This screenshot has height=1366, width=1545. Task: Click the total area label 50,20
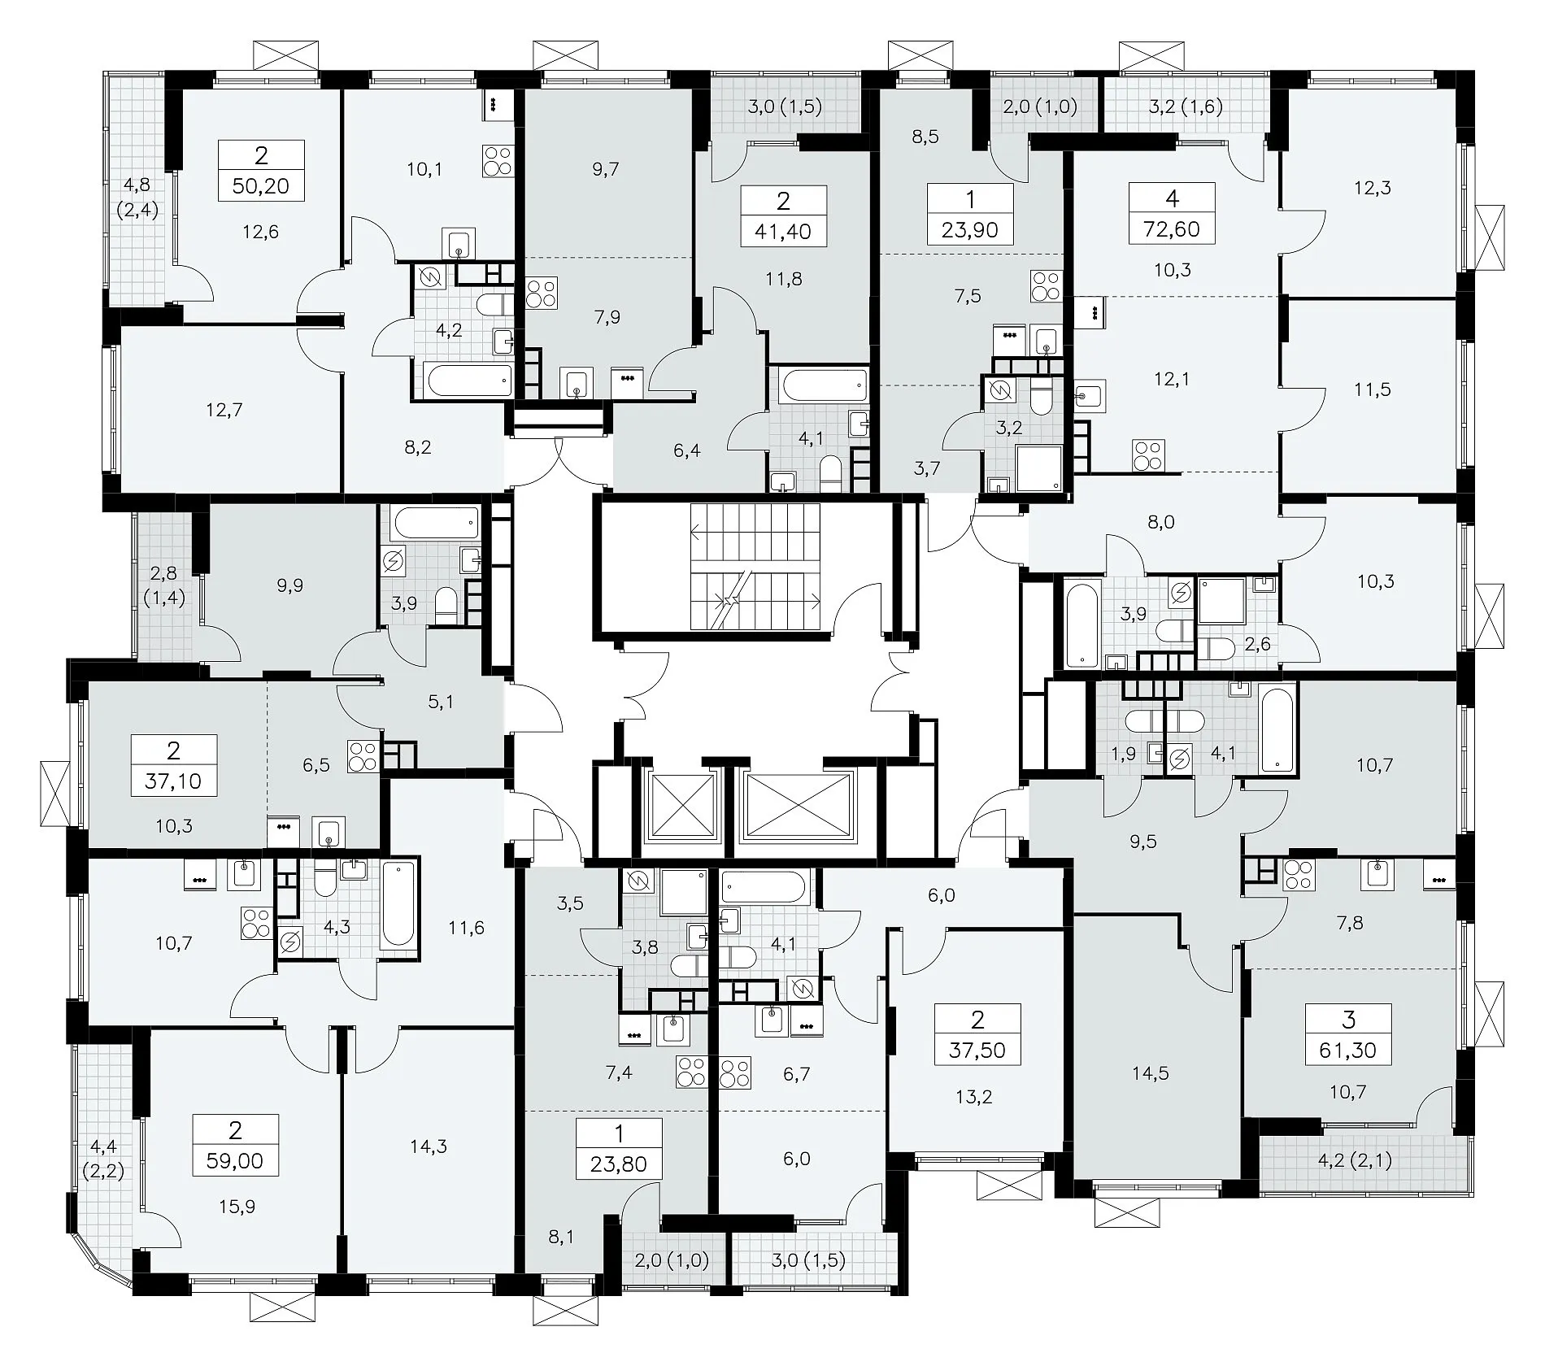click(x=260, y=186)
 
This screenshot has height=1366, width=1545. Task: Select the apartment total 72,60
click(x=1172, y=229)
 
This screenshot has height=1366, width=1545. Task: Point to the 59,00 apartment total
click(x=235, y=1161)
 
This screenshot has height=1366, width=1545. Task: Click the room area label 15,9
click(x=236, y=1207)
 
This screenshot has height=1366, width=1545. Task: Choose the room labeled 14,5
click(x=1151, y=1073)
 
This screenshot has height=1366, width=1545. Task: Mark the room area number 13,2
click(x=974, y=1096)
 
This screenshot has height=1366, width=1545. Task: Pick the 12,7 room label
click(x=224, y=409)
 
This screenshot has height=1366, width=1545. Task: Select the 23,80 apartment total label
click(x=619, y=1164)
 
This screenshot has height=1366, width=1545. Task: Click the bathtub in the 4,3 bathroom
click(x=398, y=903)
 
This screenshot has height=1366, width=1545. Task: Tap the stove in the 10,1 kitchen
click(x=495, y=161)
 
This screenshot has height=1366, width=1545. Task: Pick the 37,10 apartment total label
click(x=173, y=782)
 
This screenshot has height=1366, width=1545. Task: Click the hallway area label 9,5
click(x=1142, y=842)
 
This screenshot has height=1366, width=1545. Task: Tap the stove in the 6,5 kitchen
click(x=363, y=756)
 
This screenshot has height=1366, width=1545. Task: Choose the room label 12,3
click(x=1372, y=188)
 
